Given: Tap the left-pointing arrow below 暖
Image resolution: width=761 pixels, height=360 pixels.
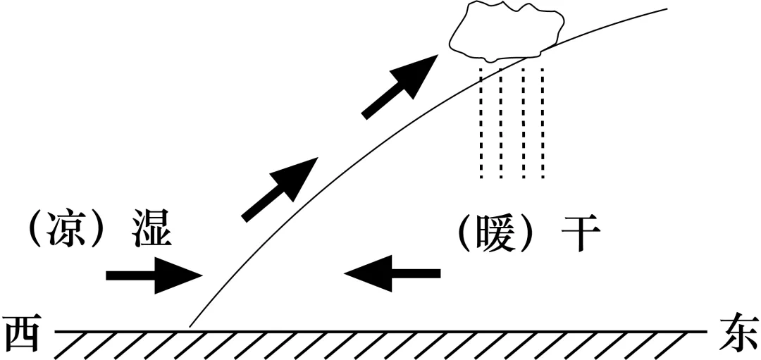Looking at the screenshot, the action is coord(392,273).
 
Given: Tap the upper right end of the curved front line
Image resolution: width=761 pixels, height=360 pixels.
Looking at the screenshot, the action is coord(666,9).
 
